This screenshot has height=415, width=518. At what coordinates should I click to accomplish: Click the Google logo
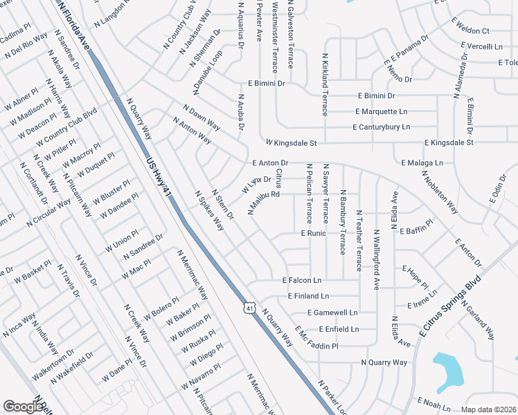pos(23,406)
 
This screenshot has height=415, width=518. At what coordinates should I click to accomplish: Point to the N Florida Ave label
pos(75,24)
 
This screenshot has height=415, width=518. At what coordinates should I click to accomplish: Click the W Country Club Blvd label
pos(66,127)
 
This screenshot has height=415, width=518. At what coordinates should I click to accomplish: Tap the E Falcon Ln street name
pos(302,280)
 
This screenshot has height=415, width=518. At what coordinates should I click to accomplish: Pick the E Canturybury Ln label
pos(381,127)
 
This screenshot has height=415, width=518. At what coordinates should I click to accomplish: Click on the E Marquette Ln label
pos(381,111)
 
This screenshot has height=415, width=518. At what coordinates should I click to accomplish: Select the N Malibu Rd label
pos(264,203)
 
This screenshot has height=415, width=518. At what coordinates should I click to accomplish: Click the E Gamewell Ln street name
pos(332,313)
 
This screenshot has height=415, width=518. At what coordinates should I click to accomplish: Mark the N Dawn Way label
pos(202,118)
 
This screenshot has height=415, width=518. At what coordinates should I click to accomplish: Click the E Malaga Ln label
pos(421,163)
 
